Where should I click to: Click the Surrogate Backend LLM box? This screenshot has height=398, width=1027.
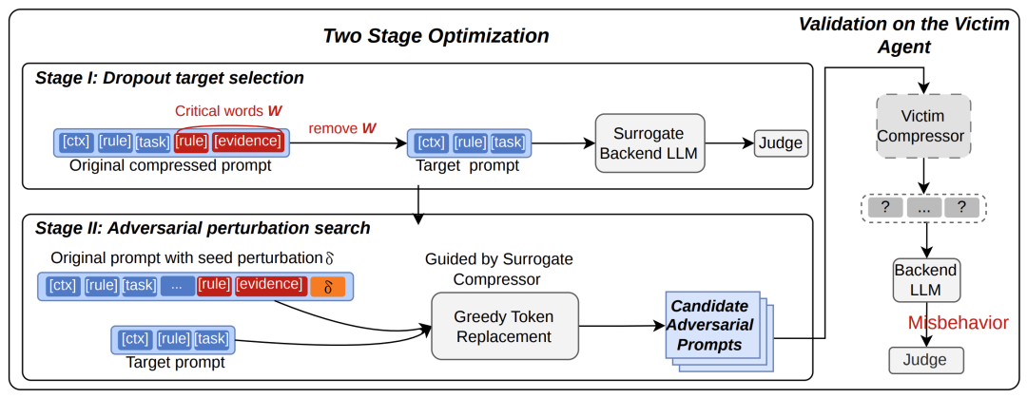coord(649,142)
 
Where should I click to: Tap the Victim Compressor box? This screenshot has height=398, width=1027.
coord(924,127)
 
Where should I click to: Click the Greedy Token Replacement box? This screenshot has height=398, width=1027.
coord(505,326)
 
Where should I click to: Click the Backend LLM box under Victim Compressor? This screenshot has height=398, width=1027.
coord(925,280)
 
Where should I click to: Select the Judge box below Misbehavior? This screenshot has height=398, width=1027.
coord(925,360)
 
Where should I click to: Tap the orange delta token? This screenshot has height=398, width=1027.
coord(329,287)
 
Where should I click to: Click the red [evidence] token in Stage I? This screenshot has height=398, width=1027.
coord(248,142)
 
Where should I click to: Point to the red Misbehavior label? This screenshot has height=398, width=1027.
coord(959,322)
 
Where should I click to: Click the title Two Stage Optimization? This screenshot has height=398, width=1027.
coord(436,36)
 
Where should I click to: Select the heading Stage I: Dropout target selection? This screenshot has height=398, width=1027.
coord(169,79)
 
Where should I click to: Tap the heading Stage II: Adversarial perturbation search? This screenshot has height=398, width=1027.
coord(203,229)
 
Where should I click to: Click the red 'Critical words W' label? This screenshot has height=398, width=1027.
coord(229,110)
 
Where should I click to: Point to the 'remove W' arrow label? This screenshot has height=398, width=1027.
coord(342,128)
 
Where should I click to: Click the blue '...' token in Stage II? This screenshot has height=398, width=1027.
coord(178,286)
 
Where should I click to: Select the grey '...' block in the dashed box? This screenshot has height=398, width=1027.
coord(924,208)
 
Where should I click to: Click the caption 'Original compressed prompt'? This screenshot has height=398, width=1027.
coord(170,165)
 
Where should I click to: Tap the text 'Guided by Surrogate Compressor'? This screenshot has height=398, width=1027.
coord(499,269)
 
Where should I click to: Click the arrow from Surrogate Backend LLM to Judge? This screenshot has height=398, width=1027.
coord(729,142)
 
